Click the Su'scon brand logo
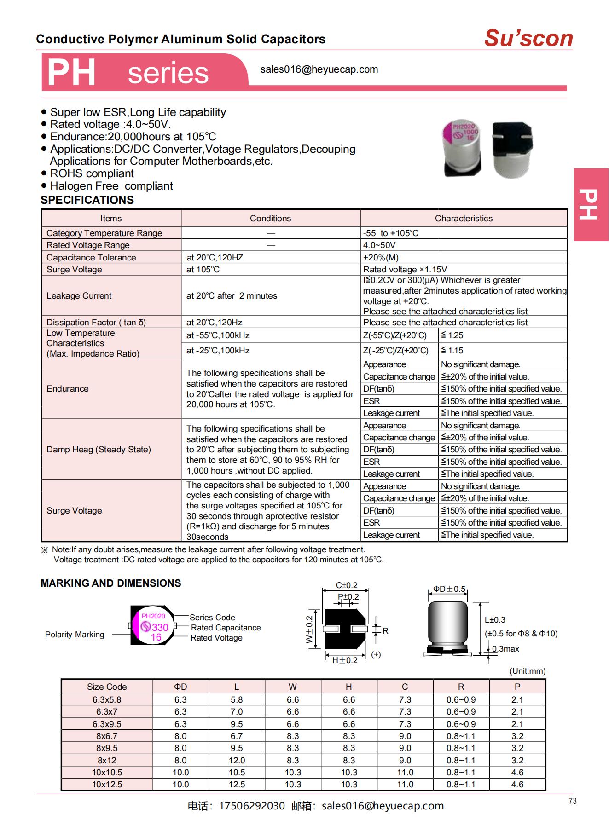click(x=528, y=38)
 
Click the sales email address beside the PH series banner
click(x=319, y=69)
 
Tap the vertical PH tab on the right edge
click(x=591, y=204)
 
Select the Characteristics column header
click(x=463, y=219)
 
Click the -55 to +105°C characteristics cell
click(x=391, y=233)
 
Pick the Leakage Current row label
click(x=79, y=296)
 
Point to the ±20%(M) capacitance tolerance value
click(x=381, y=258)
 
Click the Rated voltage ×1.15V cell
click(x=405, y=270)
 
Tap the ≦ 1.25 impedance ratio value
click(x=452, y=335)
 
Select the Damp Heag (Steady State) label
click(x=99, y=450)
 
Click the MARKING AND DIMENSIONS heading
click(x=110, y=583)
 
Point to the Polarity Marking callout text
click(x=75, y=635)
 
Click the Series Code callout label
click(x=212, y=618)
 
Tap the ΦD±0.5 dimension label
click(x=449, y=589)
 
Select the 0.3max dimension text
click(x=505, y=649)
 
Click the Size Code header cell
click(x=107, y=687)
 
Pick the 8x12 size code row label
click(x=107, y=760)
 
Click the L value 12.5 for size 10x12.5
click(x=237, y=785)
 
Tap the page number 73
click(x=572, y=801)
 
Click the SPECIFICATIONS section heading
click(x=87, y=200)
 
